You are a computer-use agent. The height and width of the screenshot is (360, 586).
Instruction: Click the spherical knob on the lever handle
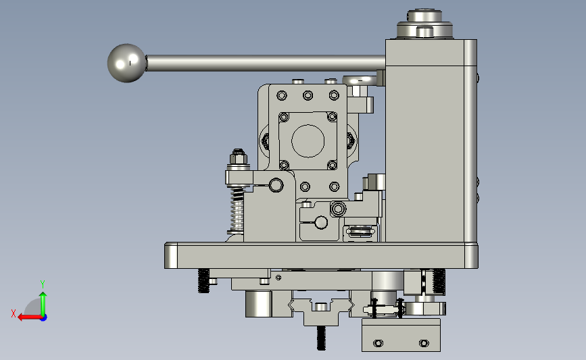pyautogui.click(x=126, y=63)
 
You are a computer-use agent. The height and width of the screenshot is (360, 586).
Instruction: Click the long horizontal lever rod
pyautogui.click(x=266, y=63)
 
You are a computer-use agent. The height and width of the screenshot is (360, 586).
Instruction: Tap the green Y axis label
pyautogui.click(x=42, y=284)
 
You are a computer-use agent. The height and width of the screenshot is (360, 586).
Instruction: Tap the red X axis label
pyautogui.click(x=14, y=313)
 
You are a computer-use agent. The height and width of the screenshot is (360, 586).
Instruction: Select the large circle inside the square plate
pyautogui.click(x=308, y=140)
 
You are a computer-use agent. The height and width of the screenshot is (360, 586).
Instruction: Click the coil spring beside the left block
pyautogui.click(x=237, y=210)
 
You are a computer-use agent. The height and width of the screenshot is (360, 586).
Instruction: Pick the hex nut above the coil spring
pyautogui.click(x=238, y=157)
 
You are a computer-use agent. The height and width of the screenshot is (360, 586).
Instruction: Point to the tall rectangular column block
pyautogui.click(x=431, y=140)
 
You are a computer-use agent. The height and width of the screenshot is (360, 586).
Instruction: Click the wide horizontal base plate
pyautogui.click(x=321, y=255)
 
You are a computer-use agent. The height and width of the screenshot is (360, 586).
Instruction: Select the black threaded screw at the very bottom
pyautogui.click(x=321, y=338)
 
